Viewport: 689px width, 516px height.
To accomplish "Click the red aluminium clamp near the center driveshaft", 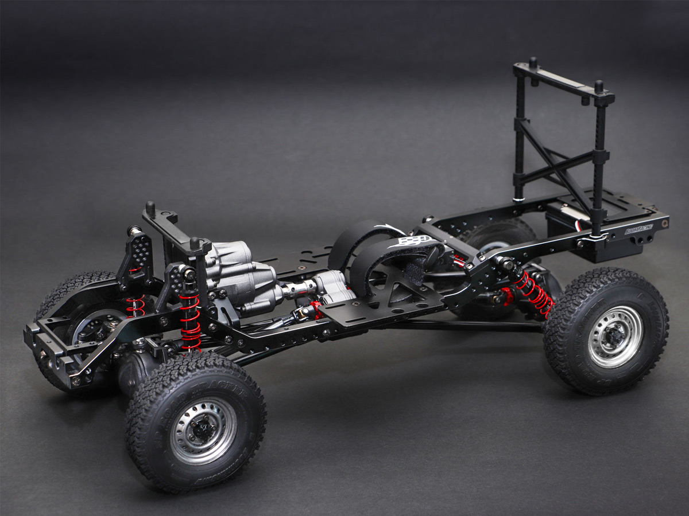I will (x=316, y=310).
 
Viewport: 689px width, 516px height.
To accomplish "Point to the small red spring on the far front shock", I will (x=137, y=307).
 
